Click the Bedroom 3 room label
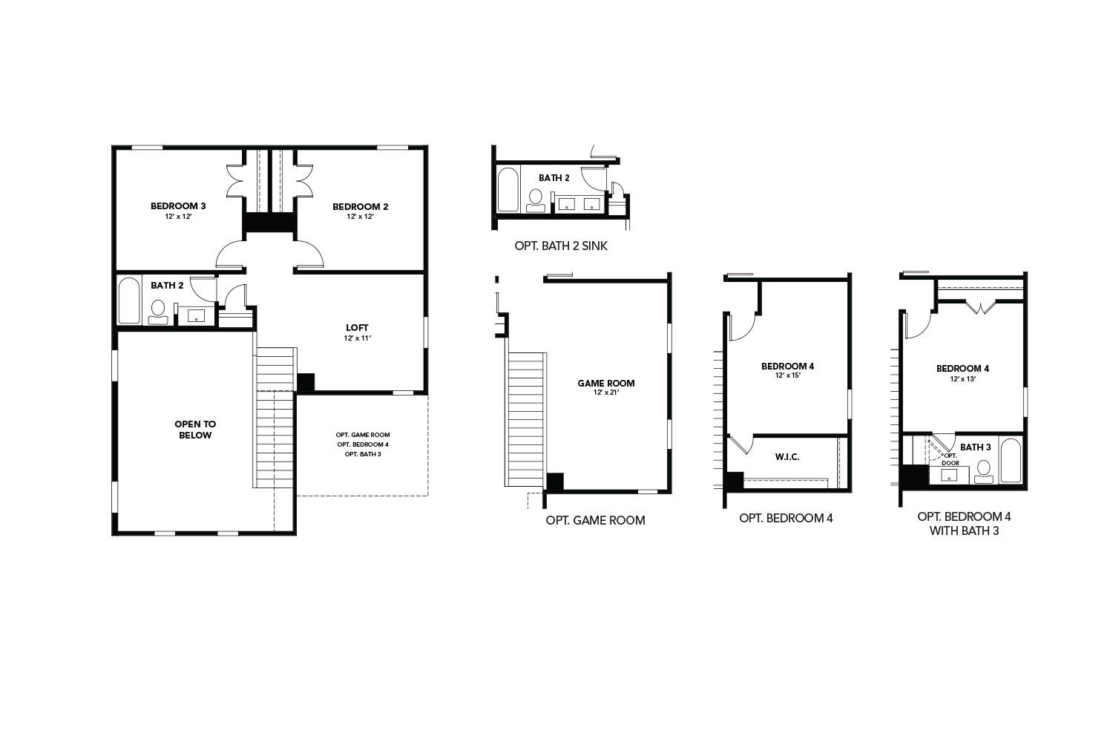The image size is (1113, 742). point(178,206)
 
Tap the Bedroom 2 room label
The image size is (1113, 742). point(360,206)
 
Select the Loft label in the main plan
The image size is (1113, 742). point(357,327)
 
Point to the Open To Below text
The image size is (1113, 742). point(195,430)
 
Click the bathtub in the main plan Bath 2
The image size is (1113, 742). point(129,301)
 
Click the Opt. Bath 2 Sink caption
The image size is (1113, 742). point(561,246)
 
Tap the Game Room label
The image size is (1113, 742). point(606,383)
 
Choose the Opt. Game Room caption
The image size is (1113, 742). point(595,520)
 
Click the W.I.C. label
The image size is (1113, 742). point(787,456)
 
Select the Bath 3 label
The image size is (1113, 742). point(975,447)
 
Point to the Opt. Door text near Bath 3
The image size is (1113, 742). point(951,459)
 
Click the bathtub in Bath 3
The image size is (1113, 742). point(1011,461)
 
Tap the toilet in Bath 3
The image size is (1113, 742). point(984,470)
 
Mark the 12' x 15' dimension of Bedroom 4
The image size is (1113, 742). point(787,375)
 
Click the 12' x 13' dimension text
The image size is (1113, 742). point(962,378)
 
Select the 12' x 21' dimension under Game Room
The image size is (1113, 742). point(606,393)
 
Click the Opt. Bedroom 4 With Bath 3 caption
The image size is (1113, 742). point(964,523)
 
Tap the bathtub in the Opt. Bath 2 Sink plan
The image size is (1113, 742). point(508,190)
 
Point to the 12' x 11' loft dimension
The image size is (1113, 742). point(357,338)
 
